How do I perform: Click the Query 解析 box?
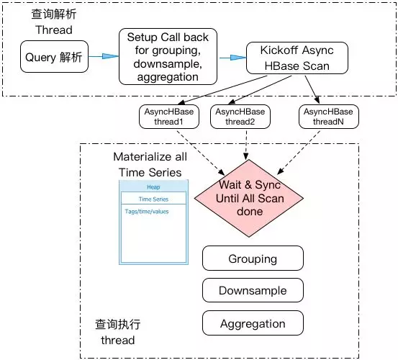click(54, 57)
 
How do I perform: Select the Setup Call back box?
click(168, 57)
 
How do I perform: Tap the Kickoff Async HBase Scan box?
click(297, 58)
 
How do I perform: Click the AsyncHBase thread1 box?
click(169, 117)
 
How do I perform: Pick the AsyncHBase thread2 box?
click(240, 117)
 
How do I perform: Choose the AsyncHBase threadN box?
click(329, 117)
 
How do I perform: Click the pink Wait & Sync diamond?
click(249, 198)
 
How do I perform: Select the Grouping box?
click(253, 258)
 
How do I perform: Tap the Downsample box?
click(253, 290)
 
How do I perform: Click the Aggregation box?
click(253, 323)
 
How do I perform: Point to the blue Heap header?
click(153, 186)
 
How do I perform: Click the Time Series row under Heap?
click(153, 199)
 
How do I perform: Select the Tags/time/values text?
click(147, 212)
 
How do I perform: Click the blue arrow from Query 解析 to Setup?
click(104, 56)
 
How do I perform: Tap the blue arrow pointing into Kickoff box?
click(232, 58)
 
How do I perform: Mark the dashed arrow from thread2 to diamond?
click(246, 145)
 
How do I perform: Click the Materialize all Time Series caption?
click(150, 164)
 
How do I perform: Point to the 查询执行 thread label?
click(117, 332)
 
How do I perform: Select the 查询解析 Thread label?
click(54, 22)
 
